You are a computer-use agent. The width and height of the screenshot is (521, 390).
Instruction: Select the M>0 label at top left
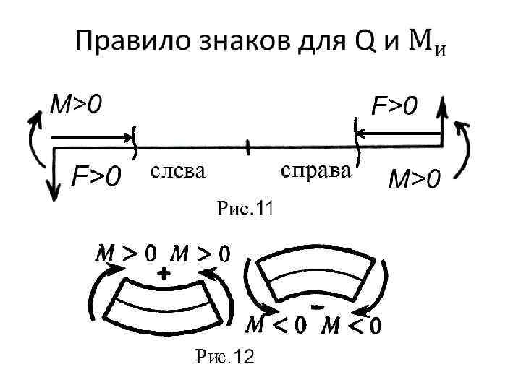click(75, 105)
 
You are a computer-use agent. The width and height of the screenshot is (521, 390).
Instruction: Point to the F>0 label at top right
click(395, 107)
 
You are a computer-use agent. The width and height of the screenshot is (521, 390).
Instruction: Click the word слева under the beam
click(178, 172)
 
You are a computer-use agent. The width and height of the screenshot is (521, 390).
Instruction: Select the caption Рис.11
click(245, 209)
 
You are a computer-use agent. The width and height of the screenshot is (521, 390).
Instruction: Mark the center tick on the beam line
click(247, 147)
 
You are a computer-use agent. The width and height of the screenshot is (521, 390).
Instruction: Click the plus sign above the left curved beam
click(164, 274)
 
